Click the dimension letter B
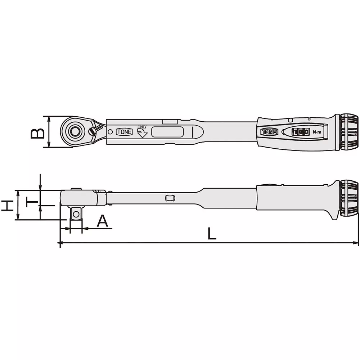tap(37, 132)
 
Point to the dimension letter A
tap(93, 221)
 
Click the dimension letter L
tap(212, 234)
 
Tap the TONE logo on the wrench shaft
tap(124, 132)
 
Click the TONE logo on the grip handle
tap(269, 132)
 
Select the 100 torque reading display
tap(300, 132)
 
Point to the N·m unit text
tap(317, 132)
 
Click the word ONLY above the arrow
tap(141, 127)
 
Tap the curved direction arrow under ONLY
tap(143, 134)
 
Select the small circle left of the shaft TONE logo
tap(110, 132)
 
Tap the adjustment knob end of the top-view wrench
tap(350, 132)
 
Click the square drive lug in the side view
tap(76, 214)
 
